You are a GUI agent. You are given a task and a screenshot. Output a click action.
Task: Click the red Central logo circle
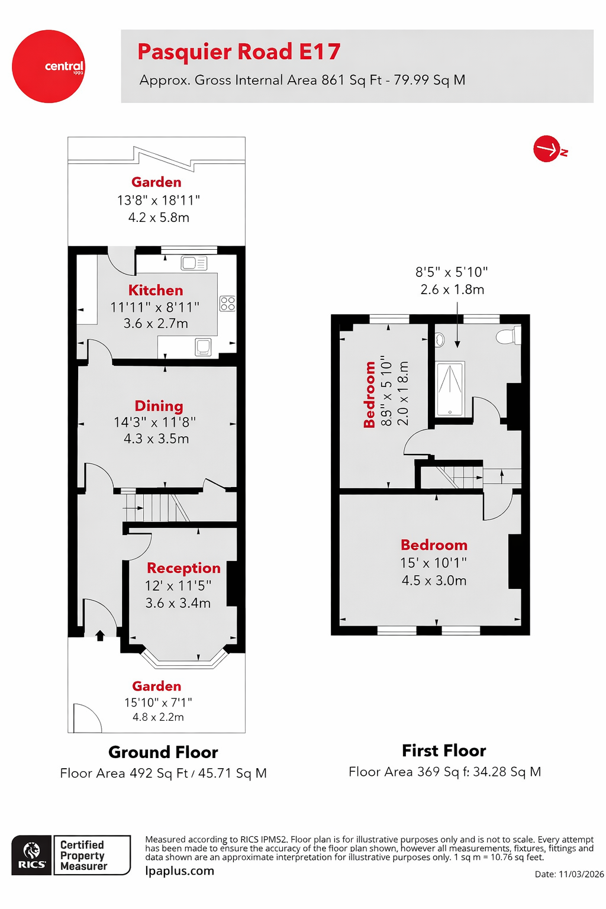(x=49, y=66)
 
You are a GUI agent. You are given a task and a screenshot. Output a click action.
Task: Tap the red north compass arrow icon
(x=547, y=149)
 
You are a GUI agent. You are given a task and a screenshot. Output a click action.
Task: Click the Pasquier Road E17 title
(x=238, y=52)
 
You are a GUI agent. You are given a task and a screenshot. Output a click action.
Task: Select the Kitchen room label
(x=156, y=290)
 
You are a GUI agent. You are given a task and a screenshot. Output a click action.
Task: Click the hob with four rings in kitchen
(x=227, y=304)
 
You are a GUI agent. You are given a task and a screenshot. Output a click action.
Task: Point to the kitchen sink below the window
(x=194, y=263)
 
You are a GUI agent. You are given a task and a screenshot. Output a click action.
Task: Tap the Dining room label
(x=159, y=406)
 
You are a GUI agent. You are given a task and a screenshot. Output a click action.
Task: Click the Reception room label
(x=183, y=568)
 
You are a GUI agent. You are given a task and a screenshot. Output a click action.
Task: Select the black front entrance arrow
(x=100, y=636)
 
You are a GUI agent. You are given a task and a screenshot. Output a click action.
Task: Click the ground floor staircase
(x=155, y=507)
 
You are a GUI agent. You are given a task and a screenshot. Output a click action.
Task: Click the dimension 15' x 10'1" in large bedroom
(x=433, y=563)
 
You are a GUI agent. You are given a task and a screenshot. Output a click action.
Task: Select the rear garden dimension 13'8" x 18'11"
(x=158, y=201)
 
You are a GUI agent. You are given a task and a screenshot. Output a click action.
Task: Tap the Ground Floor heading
(x=163, y=752)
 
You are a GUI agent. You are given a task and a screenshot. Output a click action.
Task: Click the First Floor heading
(x=444, y=750)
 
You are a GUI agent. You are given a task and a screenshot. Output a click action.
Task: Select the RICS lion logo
(x=31, y=855)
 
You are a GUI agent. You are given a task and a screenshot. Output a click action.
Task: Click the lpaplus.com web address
(x=179, y=871)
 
